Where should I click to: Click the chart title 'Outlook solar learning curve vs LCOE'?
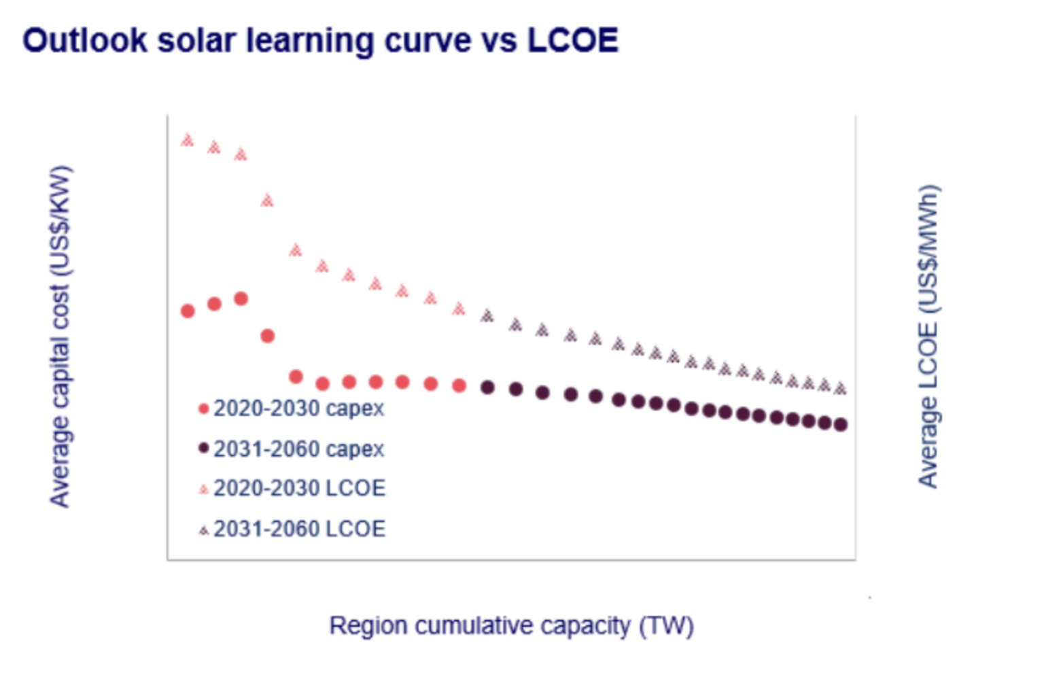click(320, 40)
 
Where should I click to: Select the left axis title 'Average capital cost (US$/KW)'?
click(60, 336)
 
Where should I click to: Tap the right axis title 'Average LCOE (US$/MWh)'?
click(928, 336)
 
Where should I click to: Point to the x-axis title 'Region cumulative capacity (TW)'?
click(511, 625)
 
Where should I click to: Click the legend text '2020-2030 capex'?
click(299, 409)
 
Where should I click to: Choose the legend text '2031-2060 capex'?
click(299, 449)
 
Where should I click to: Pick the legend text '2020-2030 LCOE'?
click(299, 488)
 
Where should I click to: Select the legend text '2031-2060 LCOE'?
click(299, 529)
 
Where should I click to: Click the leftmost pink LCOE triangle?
click(187, 140)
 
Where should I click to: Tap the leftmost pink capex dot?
click(188, 311)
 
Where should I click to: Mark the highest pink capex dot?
click(241, 298)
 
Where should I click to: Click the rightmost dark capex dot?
click(841, 424)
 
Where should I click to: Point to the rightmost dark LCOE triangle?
click(841, 388)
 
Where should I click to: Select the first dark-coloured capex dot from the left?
click(487, 387)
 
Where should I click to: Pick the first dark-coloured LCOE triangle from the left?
click(487, 315)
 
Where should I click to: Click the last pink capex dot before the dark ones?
click(459, 385)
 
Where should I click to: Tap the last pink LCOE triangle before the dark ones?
click(459, 309)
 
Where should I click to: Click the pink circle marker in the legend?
click(203, 409)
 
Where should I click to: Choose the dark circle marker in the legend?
click(203, 448)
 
